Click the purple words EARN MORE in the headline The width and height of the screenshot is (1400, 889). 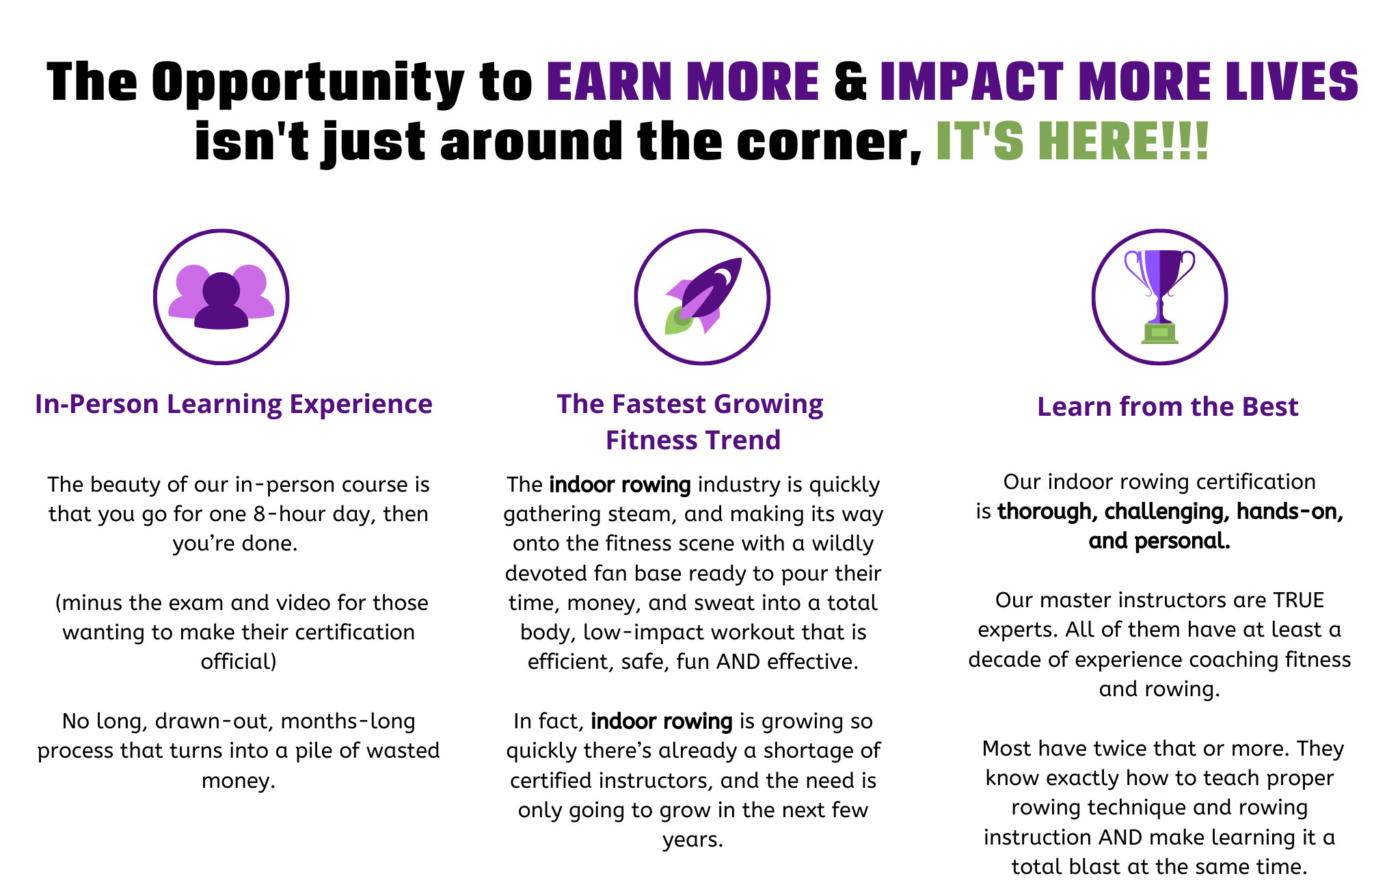tap(683, 81)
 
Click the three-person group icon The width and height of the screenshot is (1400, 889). tap(221, 297)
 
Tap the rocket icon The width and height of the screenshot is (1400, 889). tap(703, 296)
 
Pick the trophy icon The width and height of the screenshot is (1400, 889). tap(1160, 297)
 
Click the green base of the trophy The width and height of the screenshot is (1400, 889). tap(1160, 333)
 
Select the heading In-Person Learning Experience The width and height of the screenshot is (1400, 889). tap(234, 403)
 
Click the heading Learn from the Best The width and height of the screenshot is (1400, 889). tap(1168, 406)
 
